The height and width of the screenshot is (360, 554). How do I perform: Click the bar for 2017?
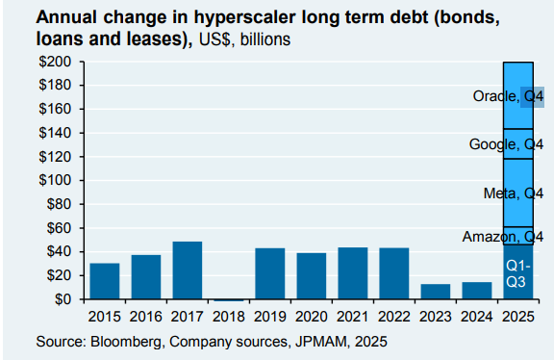[x=188, y=270]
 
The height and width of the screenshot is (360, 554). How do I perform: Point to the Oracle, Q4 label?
[x=509, y=97]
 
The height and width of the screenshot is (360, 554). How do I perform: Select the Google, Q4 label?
[x=507, y=144]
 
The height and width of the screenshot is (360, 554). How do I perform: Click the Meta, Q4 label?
[x=514, y=193]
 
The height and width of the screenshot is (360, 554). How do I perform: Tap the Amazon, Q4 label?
[x=504, y=237]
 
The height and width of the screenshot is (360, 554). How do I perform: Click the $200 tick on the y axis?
[x=57, y=62]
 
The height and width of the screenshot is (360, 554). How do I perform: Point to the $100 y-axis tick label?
[x=57, y=180]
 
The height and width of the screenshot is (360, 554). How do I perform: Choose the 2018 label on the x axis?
[x=229, y=316]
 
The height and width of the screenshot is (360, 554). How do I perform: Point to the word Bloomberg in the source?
[x=127, y=341]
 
